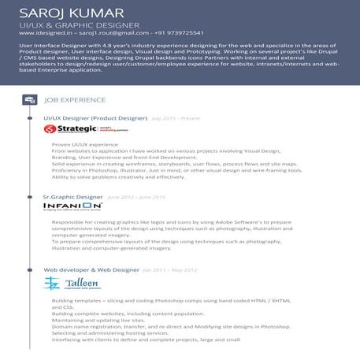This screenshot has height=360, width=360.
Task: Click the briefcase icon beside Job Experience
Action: [29, 100]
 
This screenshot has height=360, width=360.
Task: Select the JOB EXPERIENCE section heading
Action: [75, 100]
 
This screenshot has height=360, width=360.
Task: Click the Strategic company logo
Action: [76, 129]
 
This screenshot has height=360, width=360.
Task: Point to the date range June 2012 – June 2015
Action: [136, 196]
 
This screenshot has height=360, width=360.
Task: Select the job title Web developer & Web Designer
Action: [91, 269]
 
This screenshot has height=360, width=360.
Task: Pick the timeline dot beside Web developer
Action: [29, 269]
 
